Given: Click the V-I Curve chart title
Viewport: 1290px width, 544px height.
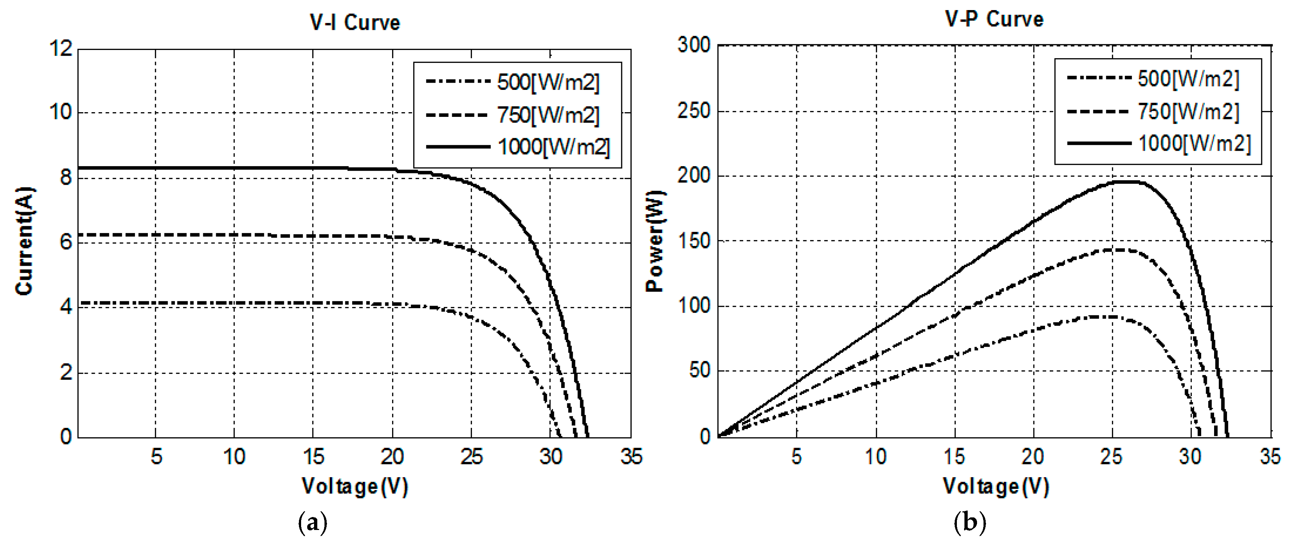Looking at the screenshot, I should pos(355,23).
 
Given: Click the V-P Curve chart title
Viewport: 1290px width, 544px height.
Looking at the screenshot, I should pos(994,19).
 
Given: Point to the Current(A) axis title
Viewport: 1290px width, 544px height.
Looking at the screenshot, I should pos(24,241).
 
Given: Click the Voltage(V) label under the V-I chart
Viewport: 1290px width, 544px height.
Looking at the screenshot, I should pos(355,486).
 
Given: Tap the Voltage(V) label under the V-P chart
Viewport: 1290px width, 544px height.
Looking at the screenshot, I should pos(995,486).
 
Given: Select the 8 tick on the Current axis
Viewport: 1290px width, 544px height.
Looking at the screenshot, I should pos(65,177).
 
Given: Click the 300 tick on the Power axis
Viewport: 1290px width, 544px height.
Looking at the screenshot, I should pos(694,45).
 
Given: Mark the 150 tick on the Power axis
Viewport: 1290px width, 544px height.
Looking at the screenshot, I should pos(694,241).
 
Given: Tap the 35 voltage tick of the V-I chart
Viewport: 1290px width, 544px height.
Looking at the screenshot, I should pos(631,456).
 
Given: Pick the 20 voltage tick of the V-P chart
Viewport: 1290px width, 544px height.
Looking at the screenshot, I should pos(1032,456).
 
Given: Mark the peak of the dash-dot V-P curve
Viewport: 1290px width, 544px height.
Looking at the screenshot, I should pos(1102,316).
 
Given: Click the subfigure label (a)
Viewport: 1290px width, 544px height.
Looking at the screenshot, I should pos(313,523).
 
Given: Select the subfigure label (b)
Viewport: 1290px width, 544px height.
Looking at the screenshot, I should pos(970,523).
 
